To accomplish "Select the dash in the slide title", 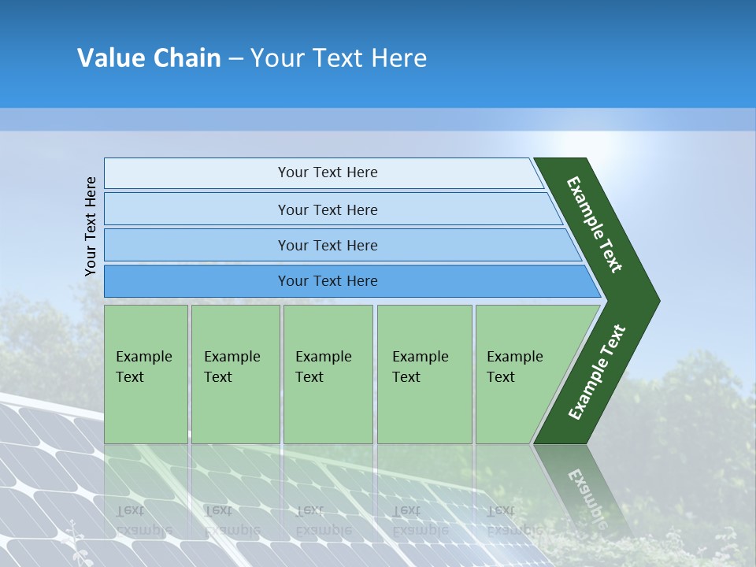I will click(x=235, y=59).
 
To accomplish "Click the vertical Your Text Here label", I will click(x=91, y=226).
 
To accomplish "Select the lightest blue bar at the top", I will click(x=327, y=173).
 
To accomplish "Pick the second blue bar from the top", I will click(x=327, y=209).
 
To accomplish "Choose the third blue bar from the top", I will click(x=327, y=245).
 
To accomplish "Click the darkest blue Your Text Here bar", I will click(x=327, y=281).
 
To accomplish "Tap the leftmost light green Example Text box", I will click(x=146, y=374).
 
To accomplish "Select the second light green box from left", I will click(x=235, y=374).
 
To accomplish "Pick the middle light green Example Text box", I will click(x=328, y=374).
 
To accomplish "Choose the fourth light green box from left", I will click(x=424, y=374).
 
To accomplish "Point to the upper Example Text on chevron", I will click(x=595, y=224).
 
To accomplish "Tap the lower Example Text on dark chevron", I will click(x=597, y=372).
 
